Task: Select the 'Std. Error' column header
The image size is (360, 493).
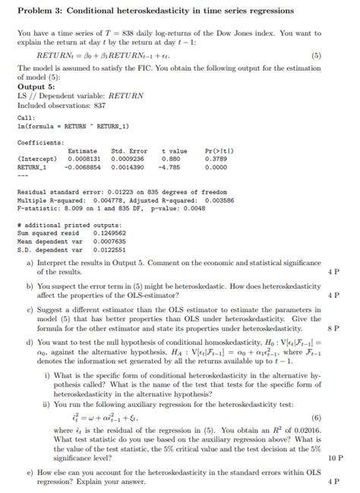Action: click(129, 150)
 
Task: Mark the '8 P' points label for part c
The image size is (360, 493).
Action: click(333, 329)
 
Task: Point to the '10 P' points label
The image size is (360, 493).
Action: click(334, 459)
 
